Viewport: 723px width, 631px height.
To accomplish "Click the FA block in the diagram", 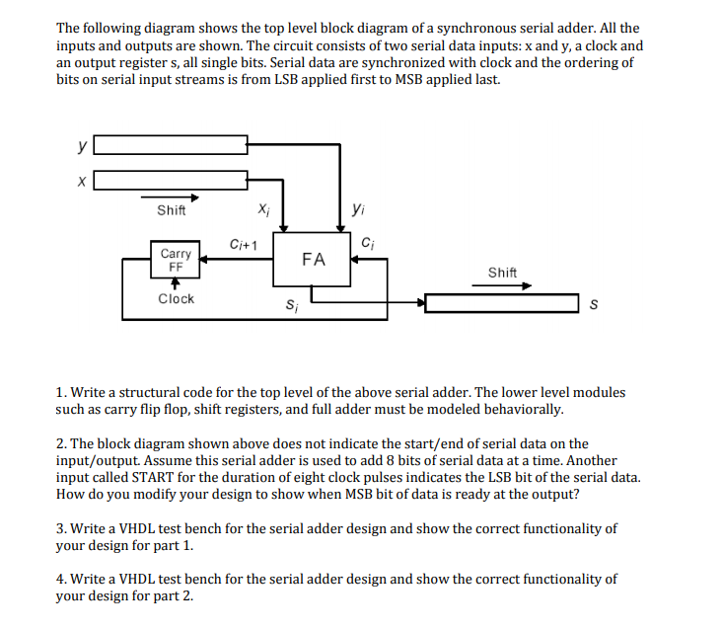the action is (313, 259).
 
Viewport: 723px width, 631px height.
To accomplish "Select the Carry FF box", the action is (176, 259).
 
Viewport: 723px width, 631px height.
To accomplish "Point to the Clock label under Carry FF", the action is (177, 298).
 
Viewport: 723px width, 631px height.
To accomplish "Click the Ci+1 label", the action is (243, 244).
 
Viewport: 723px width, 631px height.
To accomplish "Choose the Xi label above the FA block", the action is (261, 208).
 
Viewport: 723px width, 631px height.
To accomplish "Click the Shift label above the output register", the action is (502, 272).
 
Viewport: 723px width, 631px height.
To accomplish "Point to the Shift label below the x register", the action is (172, 209).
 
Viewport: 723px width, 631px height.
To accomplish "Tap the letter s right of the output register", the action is (593, 303).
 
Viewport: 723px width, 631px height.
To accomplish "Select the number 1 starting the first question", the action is (60, 392).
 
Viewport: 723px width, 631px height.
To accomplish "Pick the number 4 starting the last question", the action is (60, 579).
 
